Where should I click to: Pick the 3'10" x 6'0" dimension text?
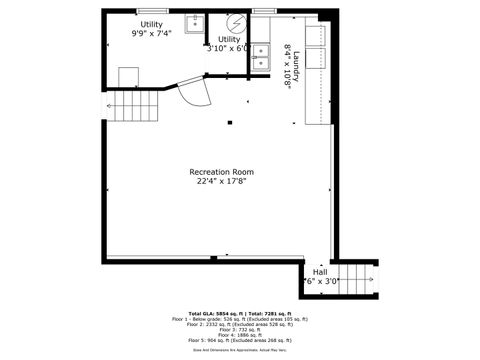point(228,48)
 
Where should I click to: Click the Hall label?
point(320,271)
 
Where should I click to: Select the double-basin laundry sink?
point(260,57)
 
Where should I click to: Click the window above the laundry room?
point(264,10)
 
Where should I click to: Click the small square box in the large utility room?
point(128,76)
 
